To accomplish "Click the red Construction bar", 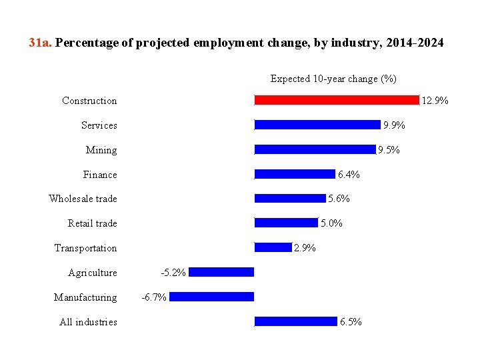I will click(x=337, y=100).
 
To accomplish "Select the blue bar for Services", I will click(x=317, y=125).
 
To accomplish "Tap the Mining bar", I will click(x=315, y=149).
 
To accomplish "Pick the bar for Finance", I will click(x=295, y=174).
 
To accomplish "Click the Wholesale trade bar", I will click(x=290, y=198).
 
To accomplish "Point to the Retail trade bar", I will click(x=286, y=223).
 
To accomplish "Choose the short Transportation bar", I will click(x=273, y=247).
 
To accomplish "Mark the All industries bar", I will click(x=295, y=321).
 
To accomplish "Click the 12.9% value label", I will click(x=435, y=101).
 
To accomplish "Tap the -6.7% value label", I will click(x=154, y=297).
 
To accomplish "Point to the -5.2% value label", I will click(x=173, y=273).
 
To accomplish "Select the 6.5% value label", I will click(x=351, y=322).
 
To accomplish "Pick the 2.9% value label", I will click(x=305, y=248).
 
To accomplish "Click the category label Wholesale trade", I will click(x=83, y=199).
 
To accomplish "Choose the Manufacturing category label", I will click(x=85, y=297).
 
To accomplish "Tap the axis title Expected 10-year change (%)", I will click(x=333, y=79).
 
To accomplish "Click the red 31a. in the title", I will click(x=41, y=43).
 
